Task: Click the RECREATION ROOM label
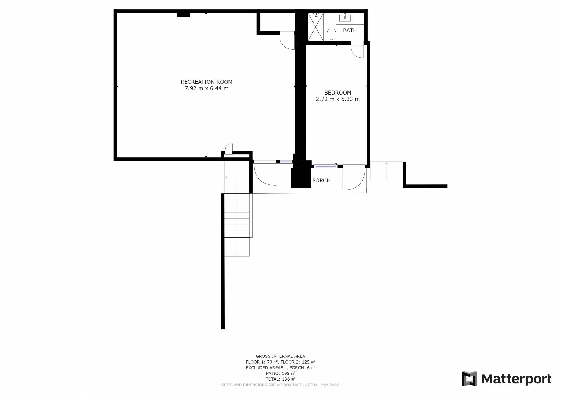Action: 207,82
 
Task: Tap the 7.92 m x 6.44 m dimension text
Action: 207,88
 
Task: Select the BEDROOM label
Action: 338,93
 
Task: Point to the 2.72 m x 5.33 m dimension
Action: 338,99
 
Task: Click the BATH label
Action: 350,30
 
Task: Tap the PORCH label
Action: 321,180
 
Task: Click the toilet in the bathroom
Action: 331,34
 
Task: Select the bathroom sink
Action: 345,17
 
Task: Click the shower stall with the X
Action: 316,27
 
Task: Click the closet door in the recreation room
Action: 287,40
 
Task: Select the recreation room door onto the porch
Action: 265,172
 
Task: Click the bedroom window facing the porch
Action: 326,166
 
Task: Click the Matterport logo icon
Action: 469,379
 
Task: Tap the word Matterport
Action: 516,379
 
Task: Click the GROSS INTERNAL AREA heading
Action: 280,356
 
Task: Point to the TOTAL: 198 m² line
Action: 280,379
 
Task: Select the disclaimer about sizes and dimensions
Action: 280,385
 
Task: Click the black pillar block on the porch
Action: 301,178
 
